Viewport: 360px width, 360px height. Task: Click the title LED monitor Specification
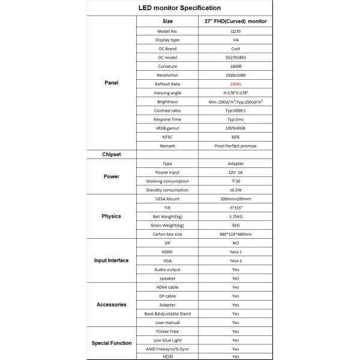click(x=179, y=8)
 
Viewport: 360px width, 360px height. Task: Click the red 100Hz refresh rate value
click(x=235, y=84)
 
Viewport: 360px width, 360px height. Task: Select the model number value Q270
click(x=235, y=31)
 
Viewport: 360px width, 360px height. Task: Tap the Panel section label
click(x=111, y=83)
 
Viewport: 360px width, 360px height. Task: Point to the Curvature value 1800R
click(x=235, y=66)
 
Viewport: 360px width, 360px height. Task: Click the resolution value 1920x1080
click(x=235, y=75)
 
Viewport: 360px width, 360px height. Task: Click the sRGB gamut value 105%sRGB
click(x=235, y=128)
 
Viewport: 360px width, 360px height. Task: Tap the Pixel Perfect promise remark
click(x=235, y=146)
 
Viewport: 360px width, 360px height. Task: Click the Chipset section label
click(x=111, y=154)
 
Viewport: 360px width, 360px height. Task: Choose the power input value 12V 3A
click(x=235, y=172)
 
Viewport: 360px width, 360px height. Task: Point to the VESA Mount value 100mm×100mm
click(x=235, y=198)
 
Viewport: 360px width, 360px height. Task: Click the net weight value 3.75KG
click(x=235, y=216)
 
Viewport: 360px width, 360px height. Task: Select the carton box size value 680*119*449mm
click(x=235, y=234)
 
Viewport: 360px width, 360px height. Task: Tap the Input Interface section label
click(x=111, y=260)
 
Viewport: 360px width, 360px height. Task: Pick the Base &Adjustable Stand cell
click(x=167, y=314)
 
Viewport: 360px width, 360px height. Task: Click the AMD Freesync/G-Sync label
click(x=167, y=349)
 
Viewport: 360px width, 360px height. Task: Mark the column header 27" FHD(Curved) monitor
click(x=235, y=21)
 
